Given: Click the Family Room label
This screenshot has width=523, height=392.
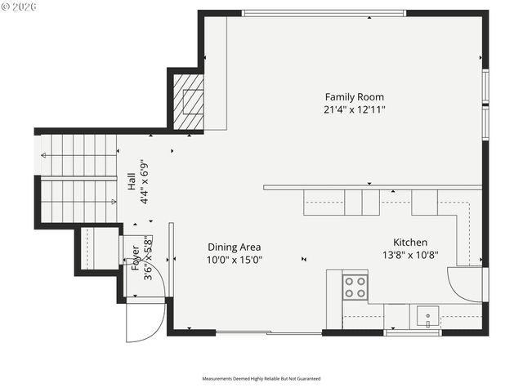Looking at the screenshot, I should pos(355,96).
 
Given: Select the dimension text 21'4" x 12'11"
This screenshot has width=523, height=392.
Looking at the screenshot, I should pos(355,109).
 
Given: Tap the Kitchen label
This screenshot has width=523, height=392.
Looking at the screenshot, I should pos(410,243).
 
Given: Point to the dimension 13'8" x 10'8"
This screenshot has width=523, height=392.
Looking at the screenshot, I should pos(410,255).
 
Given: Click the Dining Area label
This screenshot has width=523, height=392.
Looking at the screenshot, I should pos(235,247).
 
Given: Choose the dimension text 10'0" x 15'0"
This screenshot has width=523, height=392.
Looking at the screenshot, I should pos(235,260).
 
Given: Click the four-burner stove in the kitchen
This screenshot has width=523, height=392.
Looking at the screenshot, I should pos(355,287).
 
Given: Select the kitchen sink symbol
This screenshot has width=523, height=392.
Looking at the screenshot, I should pos(427,316).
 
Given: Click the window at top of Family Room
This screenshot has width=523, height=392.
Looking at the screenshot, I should pos(324,13).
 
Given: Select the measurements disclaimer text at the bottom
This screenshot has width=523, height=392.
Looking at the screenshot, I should pos(261,379).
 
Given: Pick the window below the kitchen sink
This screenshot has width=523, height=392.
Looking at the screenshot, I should pos(413,332).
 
